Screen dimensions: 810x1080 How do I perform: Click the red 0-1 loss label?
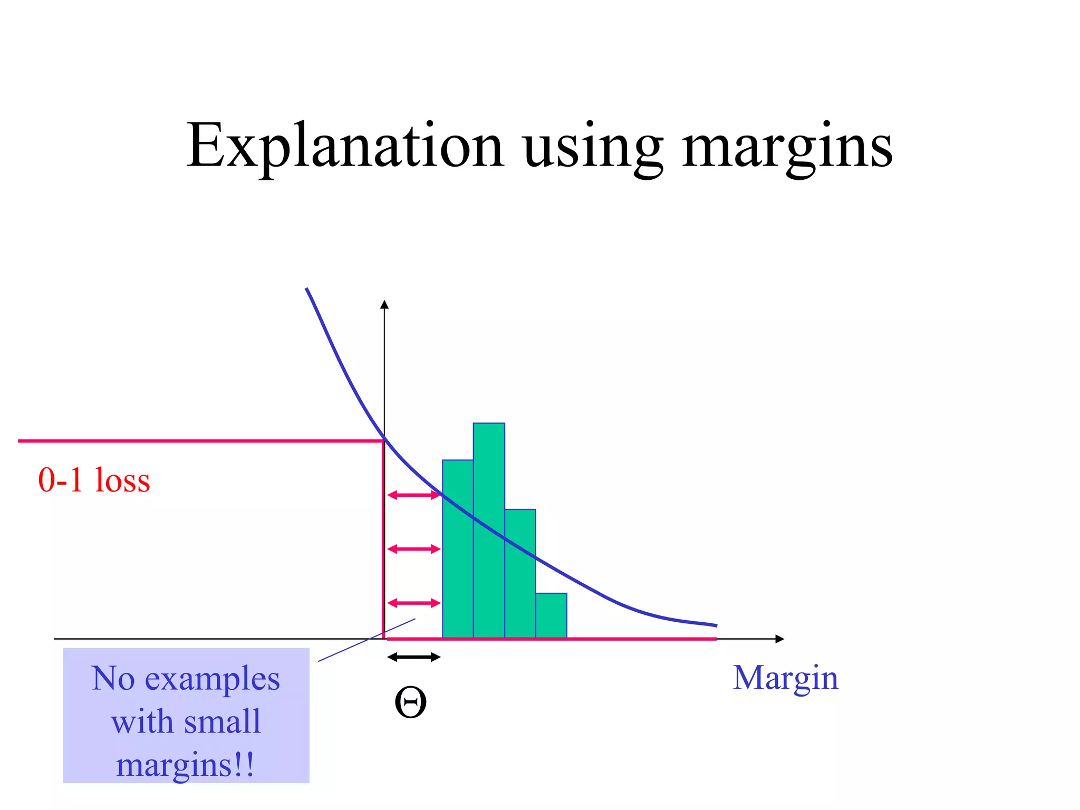[x=94, y=480]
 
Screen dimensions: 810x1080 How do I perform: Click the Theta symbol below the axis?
[x=410, y=703]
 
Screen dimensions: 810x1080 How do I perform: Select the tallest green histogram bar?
[x=489, y=530]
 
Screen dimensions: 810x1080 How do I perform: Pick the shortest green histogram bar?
[x=551, y=615]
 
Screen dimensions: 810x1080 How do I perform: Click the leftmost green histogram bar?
[x=458, y=548]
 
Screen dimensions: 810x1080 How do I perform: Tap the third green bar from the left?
[x=520, y=574]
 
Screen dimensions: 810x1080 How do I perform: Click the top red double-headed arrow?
[x=413, y=495]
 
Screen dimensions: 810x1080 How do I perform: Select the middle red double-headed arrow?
[x=413, y=549]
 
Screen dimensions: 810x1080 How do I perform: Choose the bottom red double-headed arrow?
[x=413, y=603]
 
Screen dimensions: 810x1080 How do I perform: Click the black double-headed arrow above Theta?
[x=413, y=657]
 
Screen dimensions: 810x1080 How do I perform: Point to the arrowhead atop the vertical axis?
[x=384, y=305]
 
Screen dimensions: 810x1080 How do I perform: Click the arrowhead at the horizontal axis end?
[x=780, y=639]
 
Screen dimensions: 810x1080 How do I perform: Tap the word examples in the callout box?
[x=212, y=679]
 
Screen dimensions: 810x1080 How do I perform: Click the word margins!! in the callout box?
[x=185, y=765]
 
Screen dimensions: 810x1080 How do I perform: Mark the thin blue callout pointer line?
[x=367, y=640]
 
